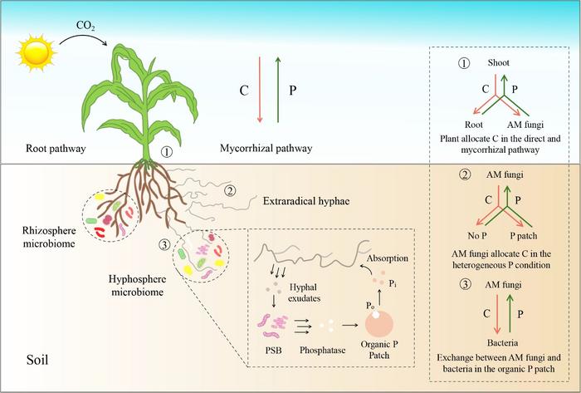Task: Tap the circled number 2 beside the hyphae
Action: [230, 189]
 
